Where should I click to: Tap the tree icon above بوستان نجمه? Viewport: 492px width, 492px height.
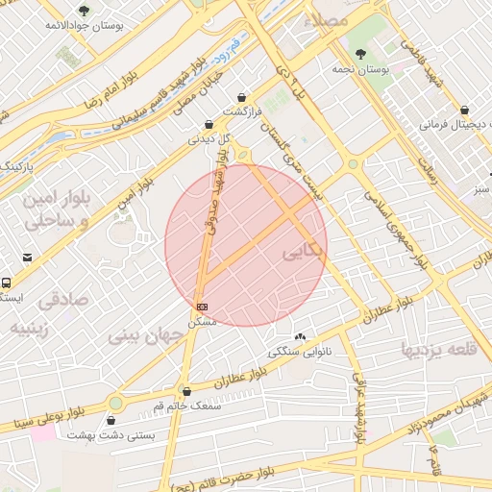click(x=360, y=55)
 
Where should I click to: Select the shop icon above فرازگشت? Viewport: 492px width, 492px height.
click(x=240, y=97)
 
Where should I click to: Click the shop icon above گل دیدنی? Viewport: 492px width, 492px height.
click(x=209, y=124)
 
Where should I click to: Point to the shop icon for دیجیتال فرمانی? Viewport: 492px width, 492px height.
click(x=465, y=111)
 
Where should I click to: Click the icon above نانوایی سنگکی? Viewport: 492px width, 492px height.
click(x=302, y=337)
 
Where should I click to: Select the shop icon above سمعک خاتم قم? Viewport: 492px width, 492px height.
click(x=186, y=391)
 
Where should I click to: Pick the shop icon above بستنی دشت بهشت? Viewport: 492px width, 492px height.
click(x=111, y=420)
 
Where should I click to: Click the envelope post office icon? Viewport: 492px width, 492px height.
click(x=27, y=257)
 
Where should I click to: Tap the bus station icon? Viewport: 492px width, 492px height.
click(x=7, y=283)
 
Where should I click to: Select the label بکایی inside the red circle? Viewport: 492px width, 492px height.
click(x=304, y=252)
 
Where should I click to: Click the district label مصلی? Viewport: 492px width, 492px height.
click(x=325, y=19)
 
